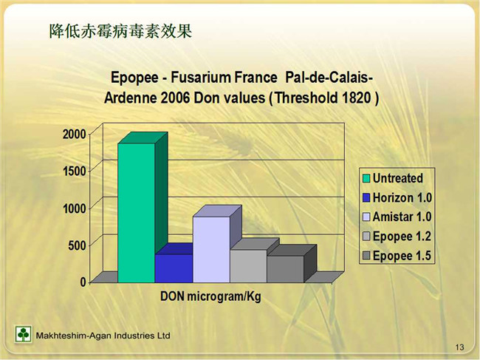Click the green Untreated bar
(136, 213)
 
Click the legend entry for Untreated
(393, 178)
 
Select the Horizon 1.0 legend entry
(397, 197)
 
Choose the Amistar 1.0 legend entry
(397, 217)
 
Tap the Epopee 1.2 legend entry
(397, 237)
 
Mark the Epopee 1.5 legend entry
(397, 256)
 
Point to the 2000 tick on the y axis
(75, 134)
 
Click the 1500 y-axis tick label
(75, 171)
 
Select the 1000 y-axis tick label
(75, 208)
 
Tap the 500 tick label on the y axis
(78, 245)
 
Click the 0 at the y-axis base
(83, 282)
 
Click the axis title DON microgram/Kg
(211, 296)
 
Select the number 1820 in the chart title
(357, 98)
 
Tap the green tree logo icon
(24, 333)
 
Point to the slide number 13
(459, 347)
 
